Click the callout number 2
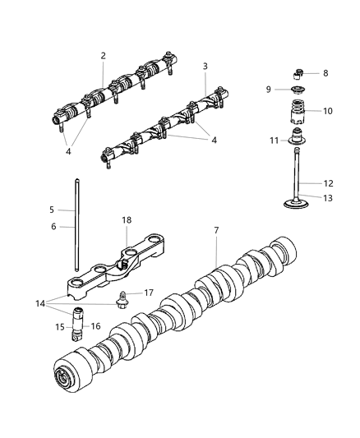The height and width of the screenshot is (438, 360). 103,56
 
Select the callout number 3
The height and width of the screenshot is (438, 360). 205,66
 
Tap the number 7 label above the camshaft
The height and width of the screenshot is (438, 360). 216,231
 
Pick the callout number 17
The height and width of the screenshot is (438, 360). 149,293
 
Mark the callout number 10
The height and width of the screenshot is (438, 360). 327,111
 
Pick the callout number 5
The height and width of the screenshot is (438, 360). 51,210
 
